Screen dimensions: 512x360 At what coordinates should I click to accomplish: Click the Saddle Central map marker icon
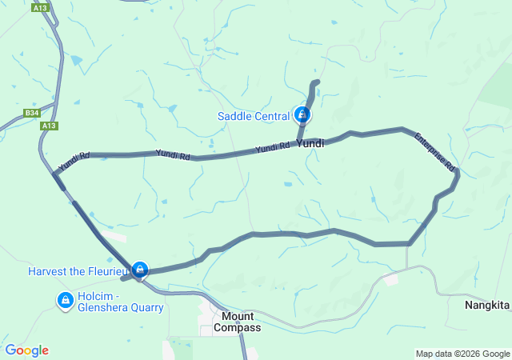pyautogui.click(x=302, y=115)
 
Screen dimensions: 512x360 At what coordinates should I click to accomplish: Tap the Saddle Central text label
pyautogui.click(x=254, y=117)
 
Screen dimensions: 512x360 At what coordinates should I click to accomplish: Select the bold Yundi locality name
pyautogui.click(x=310, y=144)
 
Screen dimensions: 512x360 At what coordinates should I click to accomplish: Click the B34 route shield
pyautogui.click(x=31, y=114)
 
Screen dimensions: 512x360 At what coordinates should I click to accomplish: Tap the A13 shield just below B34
pyautogui.click(x=50, y=126)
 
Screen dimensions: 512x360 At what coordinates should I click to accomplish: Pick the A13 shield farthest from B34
pyautogui.click(x=39, y=7)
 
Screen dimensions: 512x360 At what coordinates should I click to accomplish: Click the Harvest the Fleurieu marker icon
pyautogui.click(x=140, y=269)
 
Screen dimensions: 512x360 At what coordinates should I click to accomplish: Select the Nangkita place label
pyautogui.click(x=487, y=306)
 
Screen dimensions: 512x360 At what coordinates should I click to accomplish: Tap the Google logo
pyautogui.click(x=26, y=350)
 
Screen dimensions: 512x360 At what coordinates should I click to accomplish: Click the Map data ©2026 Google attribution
pyautogui.click(x=462, y=354)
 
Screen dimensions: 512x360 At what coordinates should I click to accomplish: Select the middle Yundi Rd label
pyautogui.click(x=172, y=154)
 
